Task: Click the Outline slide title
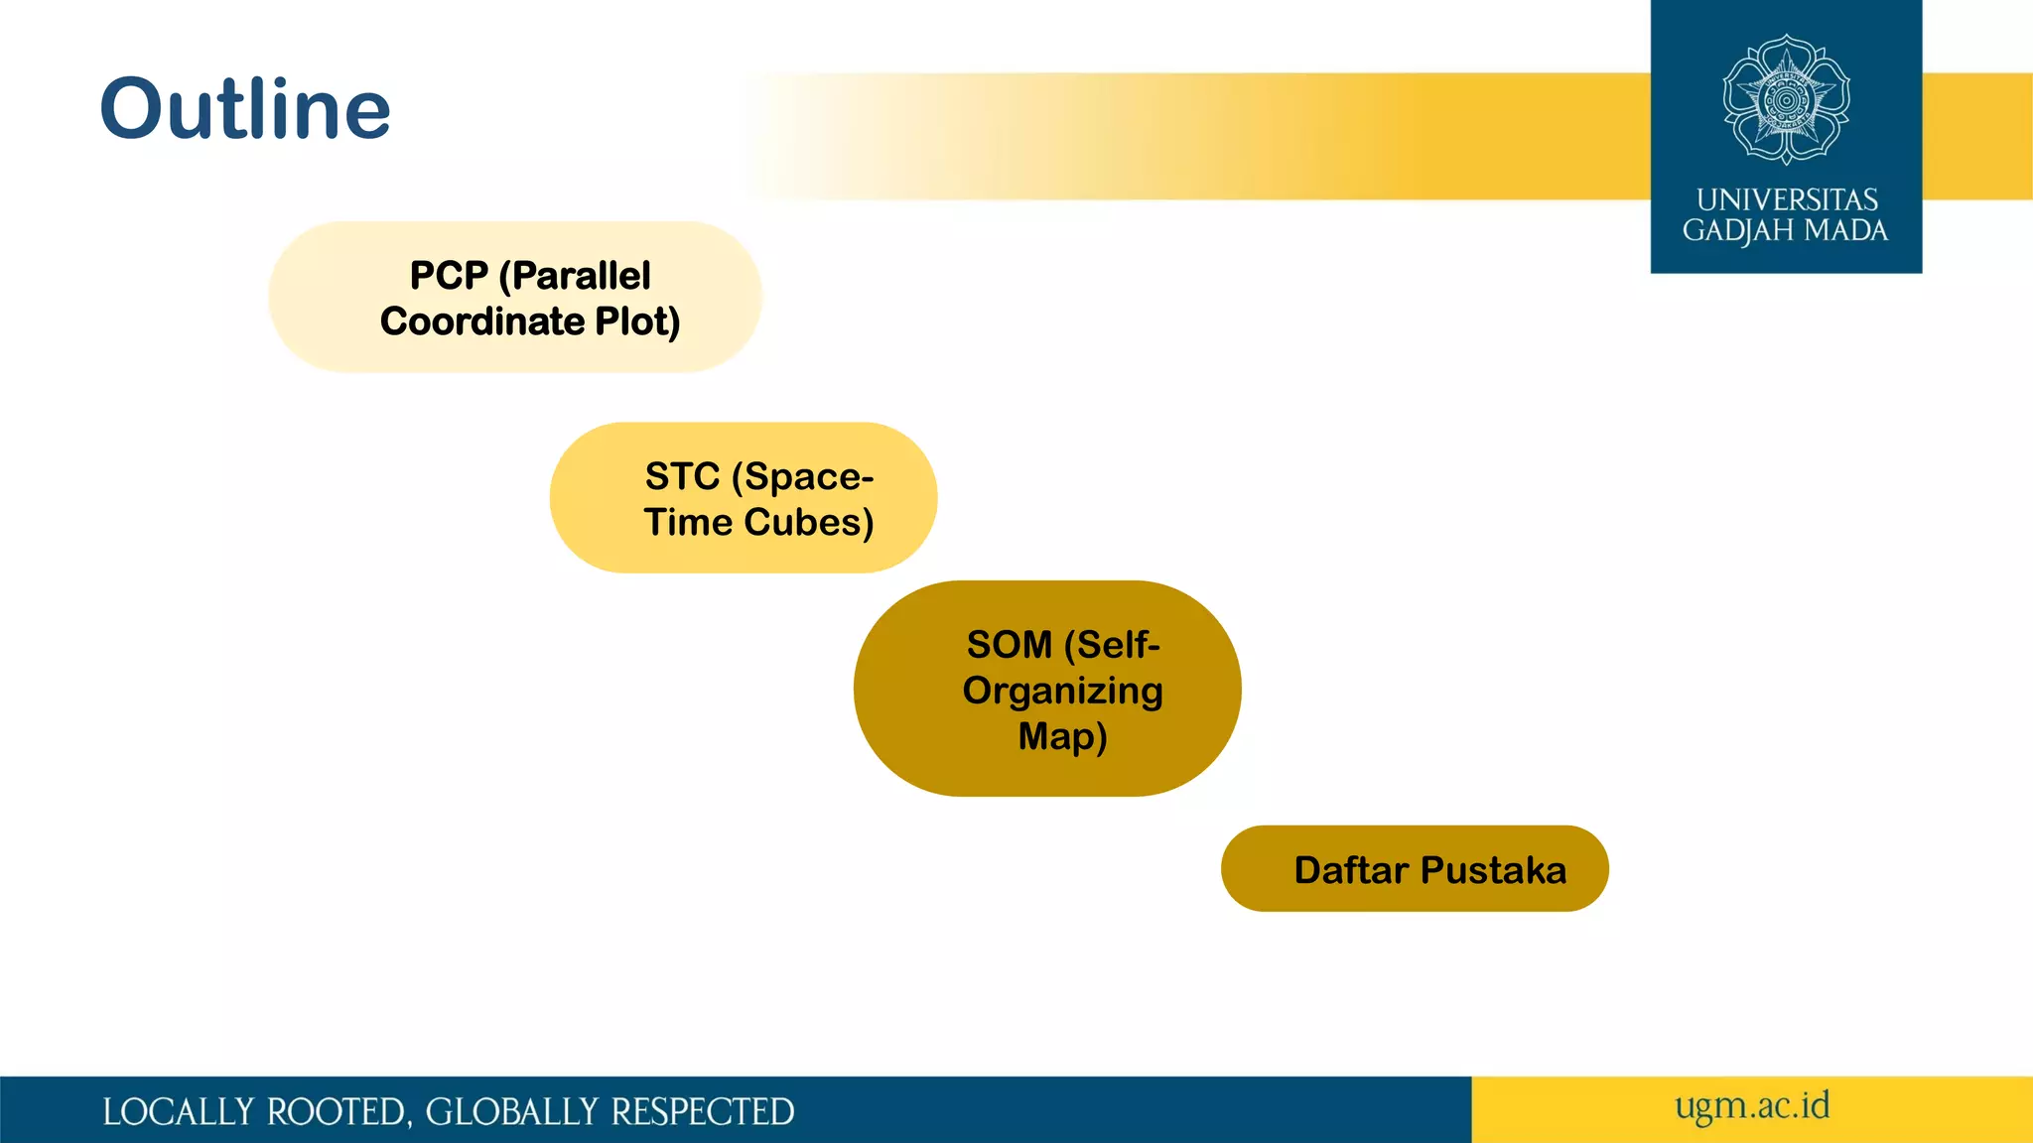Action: tap(245, 108)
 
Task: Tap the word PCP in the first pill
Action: tap(449, 275)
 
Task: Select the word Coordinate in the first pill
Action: tap(482, 321)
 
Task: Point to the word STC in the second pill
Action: tap(682, 476)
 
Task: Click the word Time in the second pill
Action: tap(688, 523)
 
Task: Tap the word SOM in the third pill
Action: tap(1009, 645)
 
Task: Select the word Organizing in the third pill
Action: tap(1062, 691)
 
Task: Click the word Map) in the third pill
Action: tap(1062, 737)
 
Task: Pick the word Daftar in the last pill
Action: tap(1351, 870)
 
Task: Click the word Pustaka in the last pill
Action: tap(1493, 870)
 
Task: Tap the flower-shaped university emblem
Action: tap(1786, 99)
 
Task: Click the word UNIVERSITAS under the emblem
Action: tap(1786, 199)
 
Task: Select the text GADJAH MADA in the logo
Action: tap(1785, 231)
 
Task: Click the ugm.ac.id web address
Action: tap(1752, 1106)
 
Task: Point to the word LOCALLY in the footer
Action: tap(178, 1112)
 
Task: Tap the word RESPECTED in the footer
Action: tap(702, 1112)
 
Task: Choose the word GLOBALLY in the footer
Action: tap(512, 1112)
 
